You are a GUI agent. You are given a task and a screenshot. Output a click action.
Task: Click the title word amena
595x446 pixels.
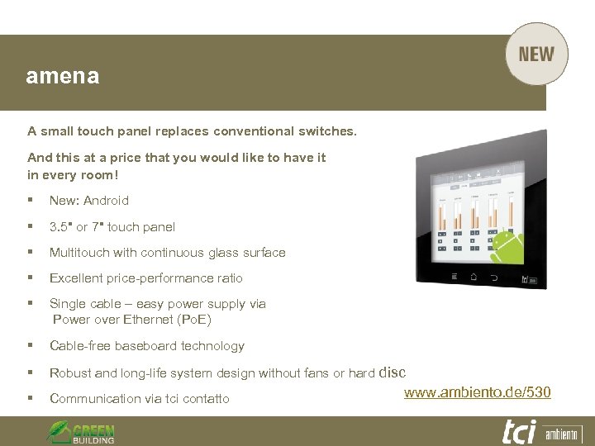coord(63,77)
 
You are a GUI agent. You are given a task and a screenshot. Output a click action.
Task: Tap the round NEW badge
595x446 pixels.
coord(536,55)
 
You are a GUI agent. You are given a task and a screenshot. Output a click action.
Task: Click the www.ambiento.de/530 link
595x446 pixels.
coord(477,391)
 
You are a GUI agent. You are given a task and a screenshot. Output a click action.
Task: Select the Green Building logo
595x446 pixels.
coord(81,431)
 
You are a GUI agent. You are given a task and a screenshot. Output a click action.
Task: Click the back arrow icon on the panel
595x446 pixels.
coord(494,278)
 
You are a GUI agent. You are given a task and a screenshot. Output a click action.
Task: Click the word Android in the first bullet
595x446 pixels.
coord(107,200)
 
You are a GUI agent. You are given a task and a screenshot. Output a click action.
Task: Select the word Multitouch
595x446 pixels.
coord(76,253)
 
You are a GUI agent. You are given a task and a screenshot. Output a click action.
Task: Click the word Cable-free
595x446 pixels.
coord(80,346)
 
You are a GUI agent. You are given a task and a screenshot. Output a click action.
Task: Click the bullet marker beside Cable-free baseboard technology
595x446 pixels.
coord(30,346)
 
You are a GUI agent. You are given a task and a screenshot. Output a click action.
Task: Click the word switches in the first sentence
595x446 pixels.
coord(331,130)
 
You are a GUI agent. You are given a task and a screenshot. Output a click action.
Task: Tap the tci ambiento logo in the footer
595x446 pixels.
coord(541,431)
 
